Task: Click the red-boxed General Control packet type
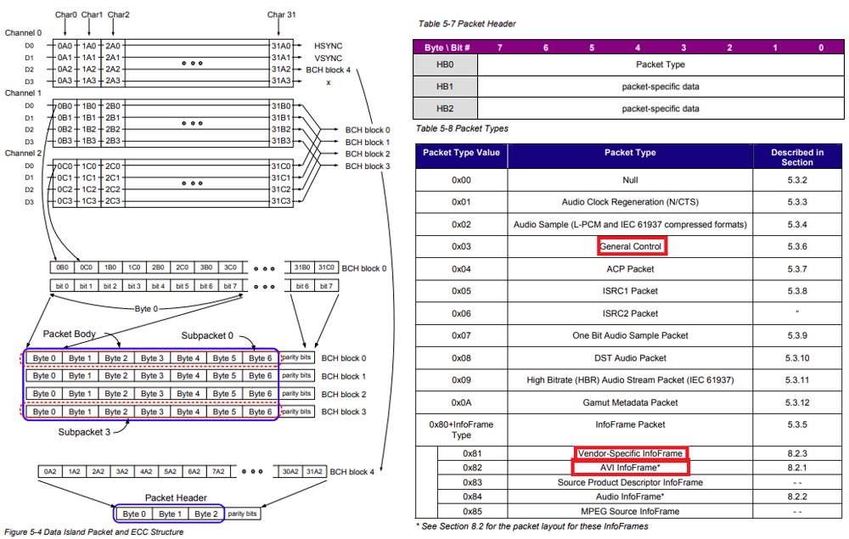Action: [631, 246]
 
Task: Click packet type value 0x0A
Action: [461, 402]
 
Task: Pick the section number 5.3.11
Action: [797, 379]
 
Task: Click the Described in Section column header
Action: [797, 157]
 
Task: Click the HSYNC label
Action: [328, 45]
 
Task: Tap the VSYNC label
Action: [328, 57]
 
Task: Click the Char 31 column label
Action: [281, 14]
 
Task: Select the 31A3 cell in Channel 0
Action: [281, 81]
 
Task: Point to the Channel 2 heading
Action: [23, 153]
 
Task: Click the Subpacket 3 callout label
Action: [84, 431]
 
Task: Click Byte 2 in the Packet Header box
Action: [205, 514]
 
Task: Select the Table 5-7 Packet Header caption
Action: [467, 24]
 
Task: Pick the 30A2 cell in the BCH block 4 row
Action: [291, 471]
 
